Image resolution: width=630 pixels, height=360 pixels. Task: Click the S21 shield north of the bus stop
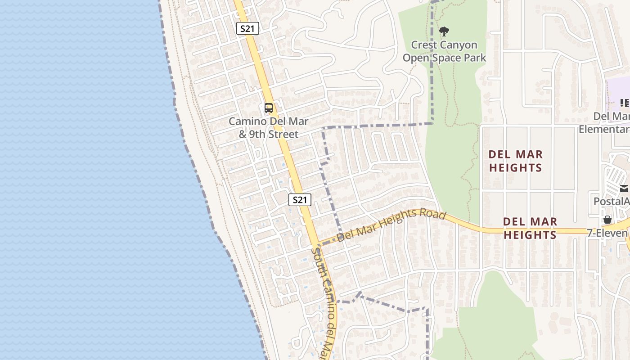247,29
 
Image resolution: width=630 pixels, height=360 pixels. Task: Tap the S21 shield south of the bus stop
300,200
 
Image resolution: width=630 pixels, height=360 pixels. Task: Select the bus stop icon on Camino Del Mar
269,108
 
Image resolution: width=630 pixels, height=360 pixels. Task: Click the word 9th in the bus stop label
258,135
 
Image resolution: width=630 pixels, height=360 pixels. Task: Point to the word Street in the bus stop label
283,135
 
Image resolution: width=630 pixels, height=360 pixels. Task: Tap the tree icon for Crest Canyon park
444,31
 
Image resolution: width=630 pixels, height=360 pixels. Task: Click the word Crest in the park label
425,45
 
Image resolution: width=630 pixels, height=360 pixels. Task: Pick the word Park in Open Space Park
476,58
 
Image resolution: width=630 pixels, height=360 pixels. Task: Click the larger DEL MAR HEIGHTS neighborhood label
515,161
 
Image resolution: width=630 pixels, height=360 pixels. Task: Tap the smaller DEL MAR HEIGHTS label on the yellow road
530,228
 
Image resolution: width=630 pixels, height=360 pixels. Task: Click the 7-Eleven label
607,233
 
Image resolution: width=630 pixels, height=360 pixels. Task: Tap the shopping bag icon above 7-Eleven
607,220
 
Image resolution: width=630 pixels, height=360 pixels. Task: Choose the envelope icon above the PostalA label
624,189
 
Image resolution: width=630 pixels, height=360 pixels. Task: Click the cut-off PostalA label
611,201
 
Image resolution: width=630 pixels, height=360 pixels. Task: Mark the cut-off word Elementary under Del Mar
604,130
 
